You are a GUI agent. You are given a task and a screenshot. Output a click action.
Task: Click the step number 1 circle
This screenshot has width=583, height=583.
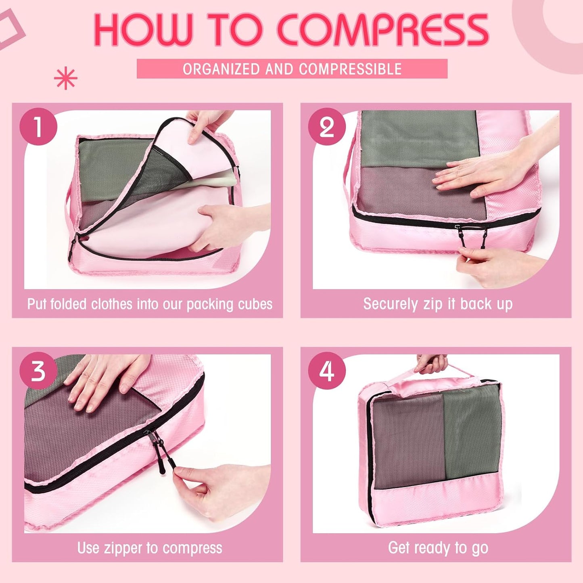tap(38, 127)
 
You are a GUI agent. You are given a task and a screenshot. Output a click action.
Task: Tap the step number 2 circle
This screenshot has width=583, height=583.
tap(327, 127)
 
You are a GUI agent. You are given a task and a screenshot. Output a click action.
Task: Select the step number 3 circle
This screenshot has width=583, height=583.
tap(38, 371)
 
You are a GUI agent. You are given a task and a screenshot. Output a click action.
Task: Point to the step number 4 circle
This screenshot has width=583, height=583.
tap(327, 371)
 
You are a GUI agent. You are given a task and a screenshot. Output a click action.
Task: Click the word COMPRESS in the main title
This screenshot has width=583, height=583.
tap(382, 31)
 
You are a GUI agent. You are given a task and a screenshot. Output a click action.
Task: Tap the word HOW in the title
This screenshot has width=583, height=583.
tap(143, 31)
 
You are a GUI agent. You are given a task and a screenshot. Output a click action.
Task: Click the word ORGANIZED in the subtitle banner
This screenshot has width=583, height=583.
tap(221, 69)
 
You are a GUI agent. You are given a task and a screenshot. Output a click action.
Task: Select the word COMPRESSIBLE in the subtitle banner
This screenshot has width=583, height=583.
tap(350, 69)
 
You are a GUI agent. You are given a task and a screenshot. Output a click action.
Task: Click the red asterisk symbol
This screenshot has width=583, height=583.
tap(65, 79)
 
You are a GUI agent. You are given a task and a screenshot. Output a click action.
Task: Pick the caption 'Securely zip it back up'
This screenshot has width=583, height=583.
tap(438, 304)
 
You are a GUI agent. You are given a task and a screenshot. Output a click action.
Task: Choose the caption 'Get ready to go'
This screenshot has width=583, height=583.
tap(438, 548)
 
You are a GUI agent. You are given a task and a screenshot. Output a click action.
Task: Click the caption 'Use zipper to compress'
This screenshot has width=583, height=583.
tap(150, 548)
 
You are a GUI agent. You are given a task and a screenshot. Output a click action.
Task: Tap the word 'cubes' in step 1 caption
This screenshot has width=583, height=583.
tap(255, 304)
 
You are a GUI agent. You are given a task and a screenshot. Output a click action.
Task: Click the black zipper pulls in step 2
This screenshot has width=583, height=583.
tap(472, 236)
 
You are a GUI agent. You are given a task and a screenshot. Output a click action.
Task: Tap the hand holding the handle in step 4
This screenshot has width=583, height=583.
tap(432, 363)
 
